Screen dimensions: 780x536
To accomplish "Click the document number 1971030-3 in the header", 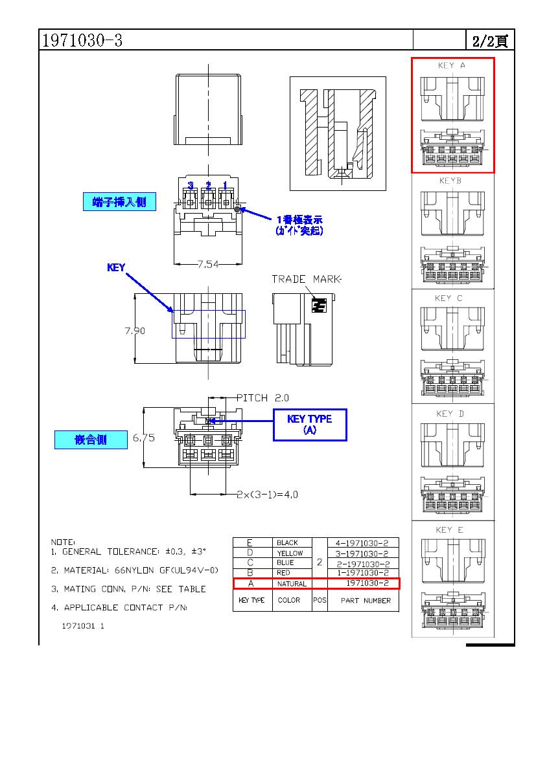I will pos(82,40).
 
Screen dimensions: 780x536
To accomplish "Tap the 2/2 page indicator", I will pos(489,41).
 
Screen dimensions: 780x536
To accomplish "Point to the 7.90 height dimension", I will pos(135,331).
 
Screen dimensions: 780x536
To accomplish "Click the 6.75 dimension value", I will pos(144,438).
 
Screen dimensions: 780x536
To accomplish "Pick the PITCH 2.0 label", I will pos(262,397).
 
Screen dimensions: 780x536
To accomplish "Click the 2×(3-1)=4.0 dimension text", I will pos(267,495).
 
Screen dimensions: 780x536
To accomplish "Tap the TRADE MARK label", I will pos(306,279).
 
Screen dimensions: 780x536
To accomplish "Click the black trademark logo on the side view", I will pos(318,306).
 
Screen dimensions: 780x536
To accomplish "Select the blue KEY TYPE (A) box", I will pos(310,425).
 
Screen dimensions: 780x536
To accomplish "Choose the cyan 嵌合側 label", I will pos(90,440).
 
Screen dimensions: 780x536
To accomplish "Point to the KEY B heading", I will pos(450,181).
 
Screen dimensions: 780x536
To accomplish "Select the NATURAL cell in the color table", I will pos(292,584).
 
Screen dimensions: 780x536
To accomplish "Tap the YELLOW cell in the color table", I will pos(290,553).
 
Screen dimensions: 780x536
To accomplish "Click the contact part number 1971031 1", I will pos(83,627).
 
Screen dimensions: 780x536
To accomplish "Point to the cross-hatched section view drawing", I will pos(337,134).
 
